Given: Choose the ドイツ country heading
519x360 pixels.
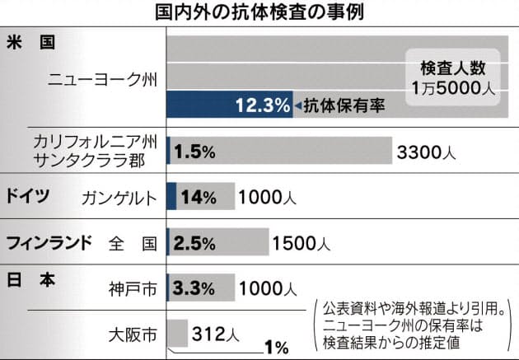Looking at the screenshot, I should pos(28,197).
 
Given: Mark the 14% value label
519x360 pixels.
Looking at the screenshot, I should pos(199,198).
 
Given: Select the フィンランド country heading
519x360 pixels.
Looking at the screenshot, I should pos(49,243).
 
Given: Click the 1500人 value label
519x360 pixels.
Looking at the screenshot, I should pos(302,243).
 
